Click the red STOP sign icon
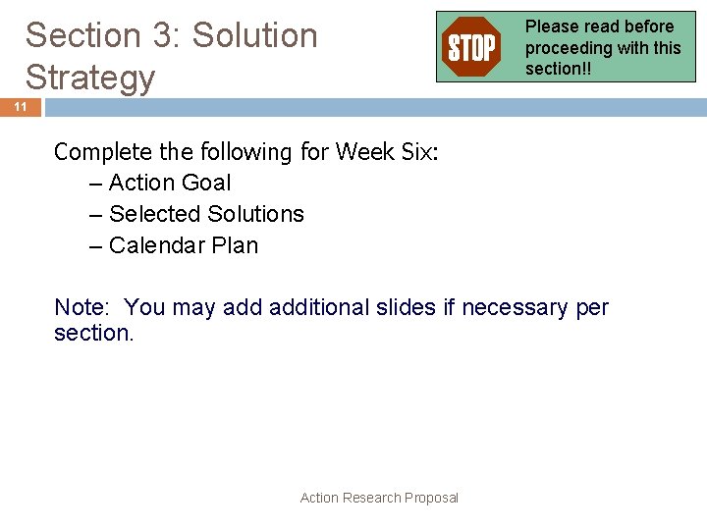point(472,46)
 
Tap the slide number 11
point(21,107)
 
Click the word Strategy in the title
point(90,77)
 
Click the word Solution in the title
point(255,35)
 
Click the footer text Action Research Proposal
point(379,498)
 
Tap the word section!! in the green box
point(559,68)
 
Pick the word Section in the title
point(83,35)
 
